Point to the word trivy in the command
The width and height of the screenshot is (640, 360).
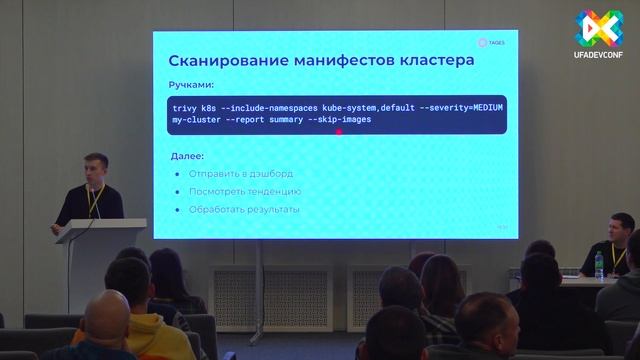[186, 107]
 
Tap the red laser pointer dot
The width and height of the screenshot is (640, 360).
[340, 130]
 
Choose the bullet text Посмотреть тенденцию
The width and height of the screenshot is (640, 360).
[244, 191]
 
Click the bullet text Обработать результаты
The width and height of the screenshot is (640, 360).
[244, 209]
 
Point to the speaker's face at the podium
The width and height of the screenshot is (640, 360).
[94, 168]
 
